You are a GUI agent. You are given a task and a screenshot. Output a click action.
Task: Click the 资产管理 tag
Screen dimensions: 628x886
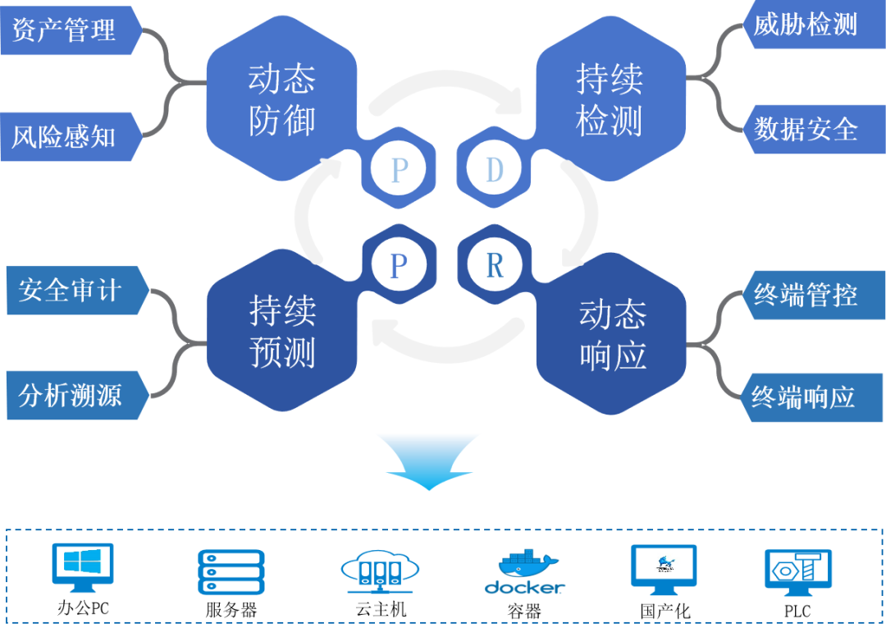[66, 30]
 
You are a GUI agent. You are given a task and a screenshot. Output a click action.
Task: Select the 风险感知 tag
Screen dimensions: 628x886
[66, 136]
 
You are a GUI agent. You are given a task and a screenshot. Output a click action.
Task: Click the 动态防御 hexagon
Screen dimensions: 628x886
[281, 100]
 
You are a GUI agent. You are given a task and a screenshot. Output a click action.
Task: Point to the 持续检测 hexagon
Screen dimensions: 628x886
[610, 100]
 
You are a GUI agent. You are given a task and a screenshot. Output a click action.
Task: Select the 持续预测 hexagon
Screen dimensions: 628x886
[281, 332]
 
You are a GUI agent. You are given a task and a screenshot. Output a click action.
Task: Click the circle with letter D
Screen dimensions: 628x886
[494, 169]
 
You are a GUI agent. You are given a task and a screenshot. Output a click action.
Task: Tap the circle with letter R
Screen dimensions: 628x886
[494, 265]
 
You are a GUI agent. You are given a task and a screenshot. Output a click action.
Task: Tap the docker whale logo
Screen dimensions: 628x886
[525, 566]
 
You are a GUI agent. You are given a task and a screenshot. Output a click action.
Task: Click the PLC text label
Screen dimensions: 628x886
[796, 612]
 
